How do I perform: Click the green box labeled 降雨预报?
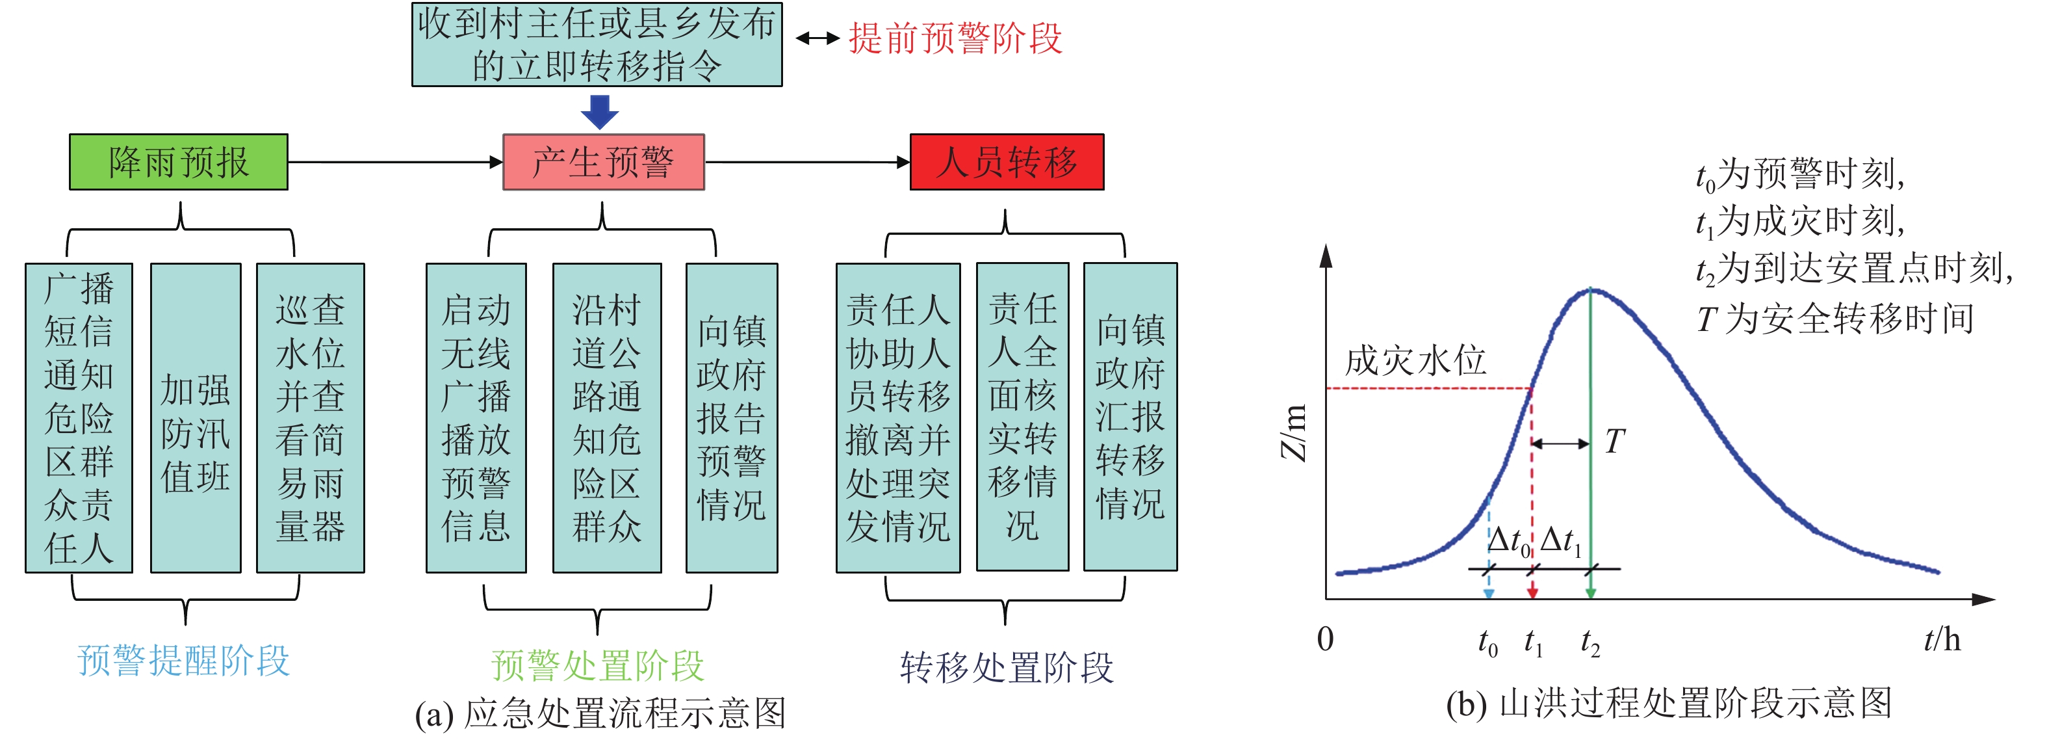point(179,162)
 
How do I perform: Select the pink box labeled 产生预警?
point(603,162)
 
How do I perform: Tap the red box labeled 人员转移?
point(1006,162)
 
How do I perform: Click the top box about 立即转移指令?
point(597,44)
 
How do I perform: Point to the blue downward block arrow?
point(599,111)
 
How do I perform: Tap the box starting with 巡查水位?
point(310,418)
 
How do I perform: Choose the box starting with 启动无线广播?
point(476,418)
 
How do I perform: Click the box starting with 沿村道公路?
point(606,418)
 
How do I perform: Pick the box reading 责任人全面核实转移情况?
point(1022,417)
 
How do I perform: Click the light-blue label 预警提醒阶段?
point(183,661)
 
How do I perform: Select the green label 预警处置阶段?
point(598,665)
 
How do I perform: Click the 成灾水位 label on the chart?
point(1415,361)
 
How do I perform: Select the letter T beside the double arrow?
point(1614,441)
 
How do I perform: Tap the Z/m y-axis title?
point(1294,433)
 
